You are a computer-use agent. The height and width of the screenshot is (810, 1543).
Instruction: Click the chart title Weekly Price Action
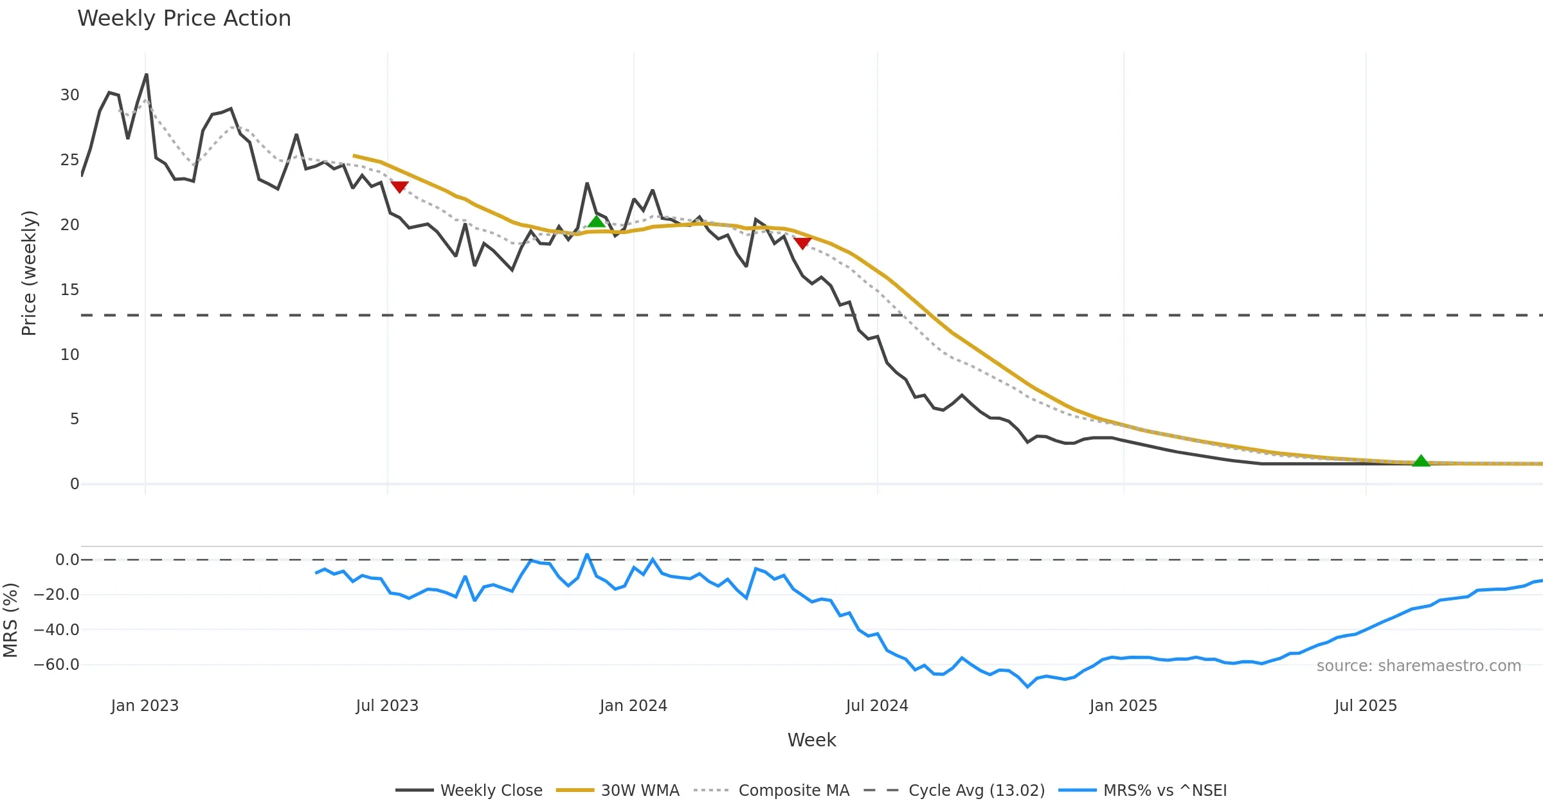point(184,19)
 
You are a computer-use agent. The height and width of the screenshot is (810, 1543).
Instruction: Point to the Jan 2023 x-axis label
point(145,706)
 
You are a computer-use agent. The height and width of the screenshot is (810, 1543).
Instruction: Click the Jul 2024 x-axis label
point(877,706)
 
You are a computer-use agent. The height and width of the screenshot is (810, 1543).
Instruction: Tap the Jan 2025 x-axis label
point(1123,706)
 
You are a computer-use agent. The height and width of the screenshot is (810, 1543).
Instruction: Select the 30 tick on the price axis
point(69,95)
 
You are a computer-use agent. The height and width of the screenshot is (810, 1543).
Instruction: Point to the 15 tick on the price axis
point(69,290)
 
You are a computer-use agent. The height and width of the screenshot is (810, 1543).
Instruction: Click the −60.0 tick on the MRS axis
point(57,665)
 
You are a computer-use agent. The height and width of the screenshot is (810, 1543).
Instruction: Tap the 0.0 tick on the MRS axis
point(67,560)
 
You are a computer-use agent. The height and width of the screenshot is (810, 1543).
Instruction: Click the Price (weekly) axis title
point(29,273)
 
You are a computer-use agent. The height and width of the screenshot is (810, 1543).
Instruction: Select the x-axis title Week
point(811,741)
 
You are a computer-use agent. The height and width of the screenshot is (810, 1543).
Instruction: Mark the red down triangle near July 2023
point(399,186)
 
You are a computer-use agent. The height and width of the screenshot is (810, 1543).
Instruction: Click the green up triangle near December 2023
point(596,222)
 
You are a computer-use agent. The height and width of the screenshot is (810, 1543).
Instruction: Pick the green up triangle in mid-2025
point(1421,461)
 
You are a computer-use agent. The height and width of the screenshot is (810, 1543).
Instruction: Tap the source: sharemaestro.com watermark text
point(1418,666)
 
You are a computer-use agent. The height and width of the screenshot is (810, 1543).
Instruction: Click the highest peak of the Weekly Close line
point(147,75)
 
